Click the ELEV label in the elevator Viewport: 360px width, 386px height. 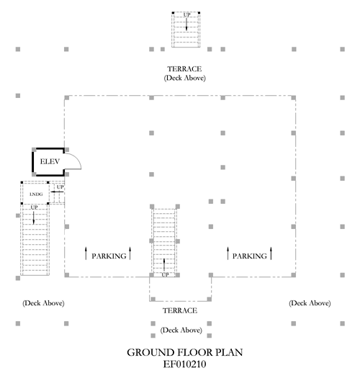[x=50, y=162]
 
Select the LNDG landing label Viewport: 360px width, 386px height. [x=36, y=194]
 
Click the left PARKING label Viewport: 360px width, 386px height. [x=109, y=256]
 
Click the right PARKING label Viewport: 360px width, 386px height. [x=250, y=256]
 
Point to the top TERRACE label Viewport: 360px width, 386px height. [x=184, y=68]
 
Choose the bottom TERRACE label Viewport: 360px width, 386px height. [x=180, y=310]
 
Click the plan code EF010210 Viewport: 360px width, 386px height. [x=184, y=364]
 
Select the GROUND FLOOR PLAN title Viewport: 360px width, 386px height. [x=185, y=352]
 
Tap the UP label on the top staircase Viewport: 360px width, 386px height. [x=186, y=15]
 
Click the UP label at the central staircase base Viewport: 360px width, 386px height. [x=165, y=274]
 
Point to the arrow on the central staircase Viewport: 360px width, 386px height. [x=164, y=264]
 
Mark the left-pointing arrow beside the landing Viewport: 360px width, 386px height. [x=57, y=192]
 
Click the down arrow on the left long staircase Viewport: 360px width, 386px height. [x=33, y=218]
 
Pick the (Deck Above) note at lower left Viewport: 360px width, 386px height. [x=43, y=303]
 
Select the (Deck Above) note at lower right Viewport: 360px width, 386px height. [x=310, y=303]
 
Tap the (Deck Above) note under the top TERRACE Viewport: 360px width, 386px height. [x=184, y=78]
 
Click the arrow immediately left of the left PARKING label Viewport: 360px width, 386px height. [x=86, y=253]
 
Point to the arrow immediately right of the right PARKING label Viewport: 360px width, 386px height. [x=271, y=253]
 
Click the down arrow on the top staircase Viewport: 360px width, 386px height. [x=186, y=24]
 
